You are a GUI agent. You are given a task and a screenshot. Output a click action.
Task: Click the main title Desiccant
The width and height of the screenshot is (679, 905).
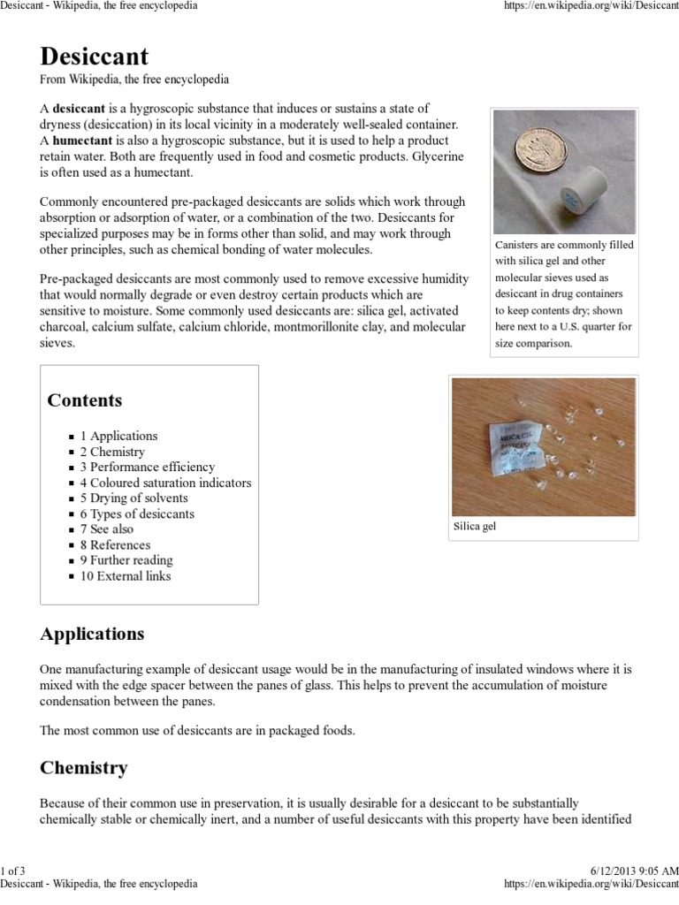tap(95, 58)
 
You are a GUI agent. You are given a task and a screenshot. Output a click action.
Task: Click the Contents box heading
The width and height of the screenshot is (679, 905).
tap(85, 400)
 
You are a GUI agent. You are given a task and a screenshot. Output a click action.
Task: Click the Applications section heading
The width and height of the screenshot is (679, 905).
tap(92, 635)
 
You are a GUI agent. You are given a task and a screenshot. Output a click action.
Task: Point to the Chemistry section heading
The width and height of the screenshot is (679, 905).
tap(84, 768)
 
